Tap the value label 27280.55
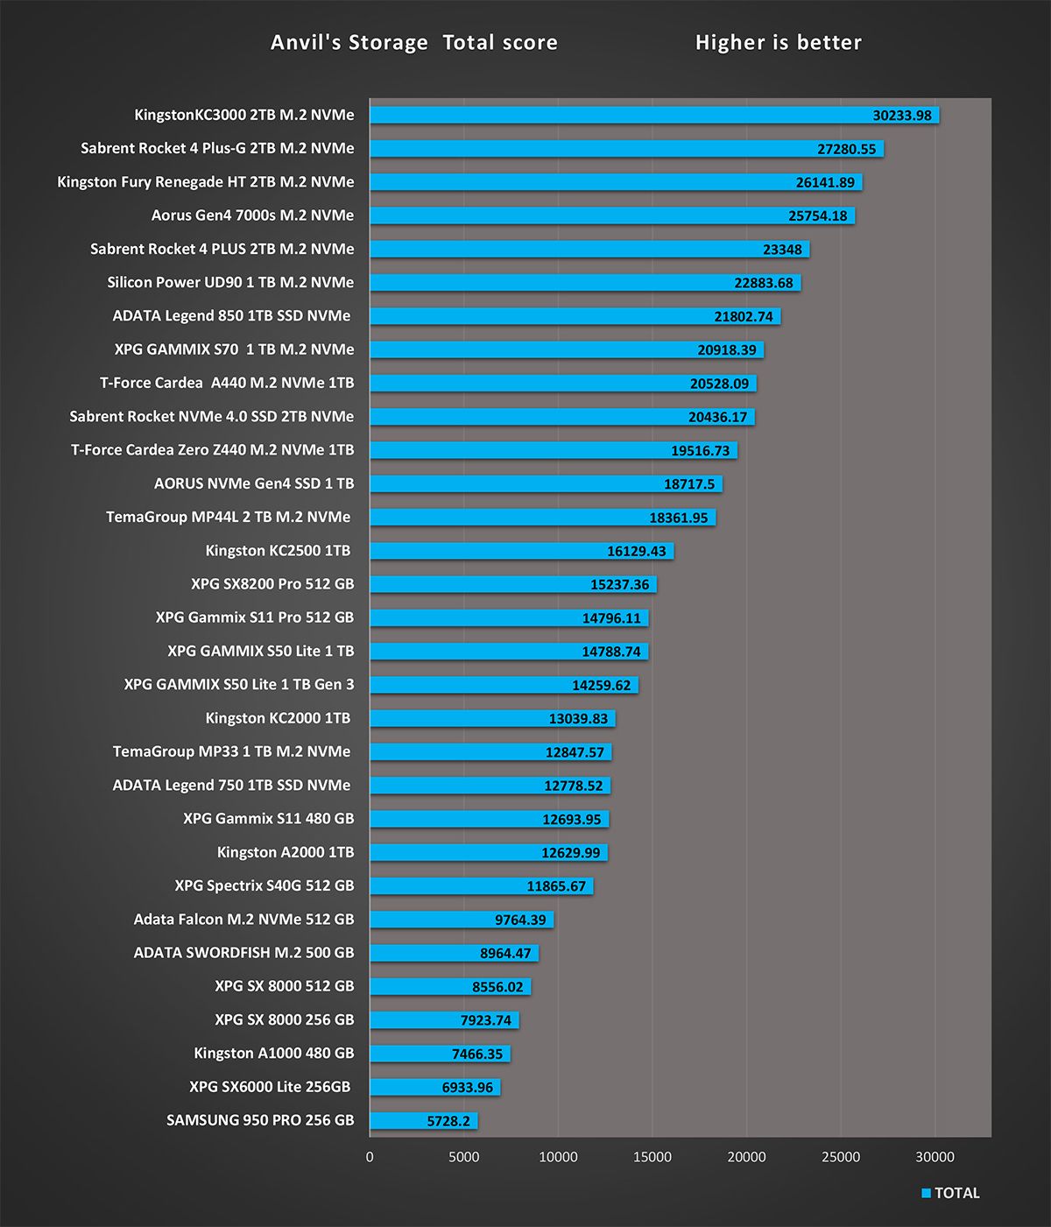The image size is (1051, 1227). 846,149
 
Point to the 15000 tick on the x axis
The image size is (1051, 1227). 652,1157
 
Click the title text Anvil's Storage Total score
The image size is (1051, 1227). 413,42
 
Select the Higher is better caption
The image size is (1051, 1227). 778,42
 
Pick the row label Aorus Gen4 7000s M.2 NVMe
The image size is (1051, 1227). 252,215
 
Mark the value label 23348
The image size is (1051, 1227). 782,250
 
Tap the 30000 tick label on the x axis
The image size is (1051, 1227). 935,1157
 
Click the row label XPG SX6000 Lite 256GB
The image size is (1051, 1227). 270,1087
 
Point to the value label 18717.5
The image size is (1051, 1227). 688,484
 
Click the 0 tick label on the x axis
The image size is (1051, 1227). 370,1157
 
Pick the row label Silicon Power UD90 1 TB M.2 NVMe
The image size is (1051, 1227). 230,282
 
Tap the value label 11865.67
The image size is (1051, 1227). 556,886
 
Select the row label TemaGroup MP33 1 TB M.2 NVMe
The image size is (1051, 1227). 231,751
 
